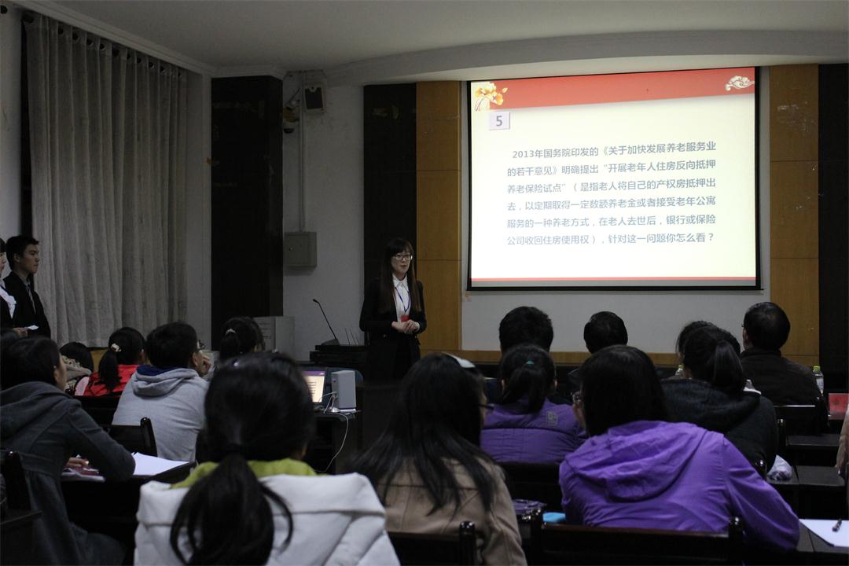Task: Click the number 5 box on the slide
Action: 499,120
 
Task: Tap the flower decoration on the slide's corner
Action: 488,95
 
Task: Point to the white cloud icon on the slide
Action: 739,83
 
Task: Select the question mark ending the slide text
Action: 711,237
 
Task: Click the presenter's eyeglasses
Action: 402,257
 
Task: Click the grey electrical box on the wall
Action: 300,249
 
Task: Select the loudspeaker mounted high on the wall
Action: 314,98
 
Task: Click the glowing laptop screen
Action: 315,385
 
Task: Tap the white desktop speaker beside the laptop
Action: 343,390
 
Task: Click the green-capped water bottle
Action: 818,379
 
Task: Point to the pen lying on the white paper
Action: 836,524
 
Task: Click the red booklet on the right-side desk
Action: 838,403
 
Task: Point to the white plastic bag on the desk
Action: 779,469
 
